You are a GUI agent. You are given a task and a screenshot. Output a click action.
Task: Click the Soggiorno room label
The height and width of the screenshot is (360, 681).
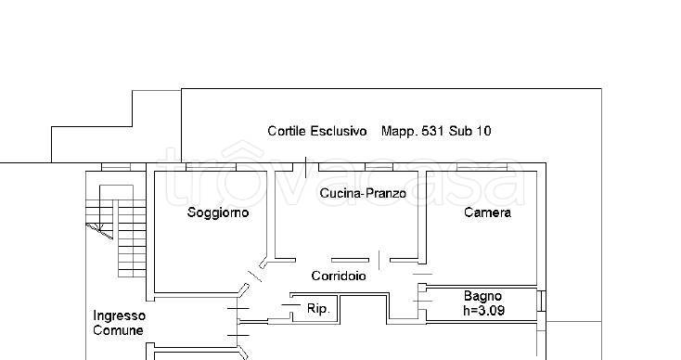click(218, 212)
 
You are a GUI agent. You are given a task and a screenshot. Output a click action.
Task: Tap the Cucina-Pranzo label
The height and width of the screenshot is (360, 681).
click(364, 193)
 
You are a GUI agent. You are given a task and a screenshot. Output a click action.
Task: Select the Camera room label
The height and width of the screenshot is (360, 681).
click(487, 212)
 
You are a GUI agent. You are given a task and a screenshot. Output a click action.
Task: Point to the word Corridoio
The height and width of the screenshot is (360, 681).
click(339, 276)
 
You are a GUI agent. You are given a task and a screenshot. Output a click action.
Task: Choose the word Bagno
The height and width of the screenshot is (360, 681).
click(483, 297)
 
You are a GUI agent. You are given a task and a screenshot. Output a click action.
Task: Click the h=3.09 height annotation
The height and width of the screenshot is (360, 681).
click(483, 311)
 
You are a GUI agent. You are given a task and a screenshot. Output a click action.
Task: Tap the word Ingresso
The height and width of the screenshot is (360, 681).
click(119, 315)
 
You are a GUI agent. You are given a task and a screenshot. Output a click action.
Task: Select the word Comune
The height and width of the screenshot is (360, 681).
click(119, 330)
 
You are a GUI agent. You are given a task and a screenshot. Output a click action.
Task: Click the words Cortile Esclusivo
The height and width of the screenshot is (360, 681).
click(317, 131)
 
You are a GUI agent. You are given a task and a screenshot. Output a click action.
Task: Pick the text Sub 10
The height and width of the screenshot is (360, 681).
click(472, 131)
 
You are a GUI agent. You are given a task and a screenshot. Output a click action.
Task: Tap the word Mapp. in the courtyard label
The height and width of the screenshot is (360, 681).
click(400, 131)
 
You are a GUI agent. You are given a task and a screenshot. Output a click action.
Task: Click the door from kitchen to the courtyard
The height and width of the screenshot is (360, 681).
click(306, 168)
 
